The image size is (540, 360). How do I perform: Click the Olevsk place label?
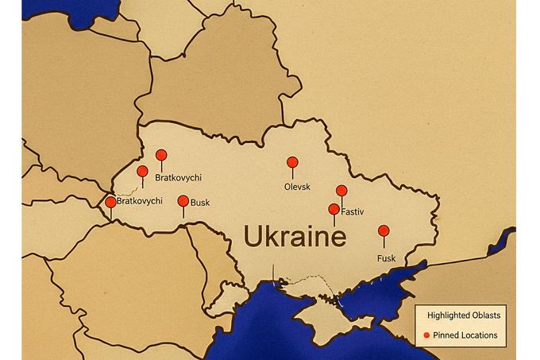point(296,187)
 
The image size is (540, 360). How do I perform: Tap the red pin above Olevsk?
point(292,162)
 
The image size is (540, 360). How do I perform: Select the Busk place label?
point(200,203)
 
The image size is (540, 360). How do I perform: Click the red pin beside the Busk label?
point(183,202)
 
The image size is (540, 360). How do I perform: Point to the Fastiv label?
point(353,212)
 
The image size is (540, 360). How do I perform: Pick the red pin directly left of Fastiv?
point(334,210)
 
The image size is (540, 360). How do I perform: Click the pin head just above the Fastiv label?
point(341,191)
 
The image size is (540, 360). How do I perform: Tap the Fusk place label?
point(385,257)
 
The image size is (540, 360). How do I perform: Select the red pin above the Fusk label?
point(384,231)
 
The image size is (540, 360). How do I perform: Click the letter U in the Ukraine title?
point(253,238)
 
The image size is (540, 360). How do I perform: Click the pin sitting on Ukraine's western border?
point(110,203)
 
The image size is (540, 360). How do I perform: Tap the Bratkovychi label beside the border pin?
point(140,202)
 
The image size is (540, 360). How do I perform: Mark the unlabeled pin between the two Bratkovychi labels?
point(143,172)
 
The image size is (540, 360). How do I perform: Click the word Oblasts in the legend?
point(482,315)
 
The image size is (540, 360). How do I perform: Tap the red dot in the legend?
point(426,335)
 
